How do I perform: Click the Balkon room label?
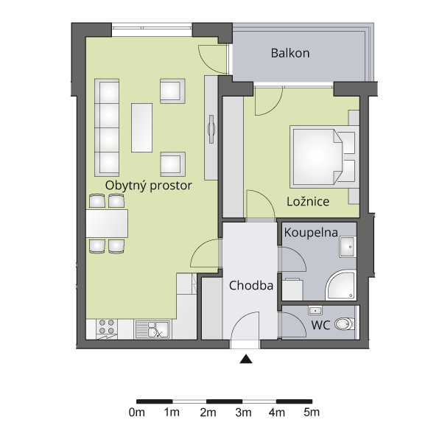(x=290, y=53)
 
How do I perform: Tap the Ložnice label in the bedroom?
(x=308, y=201)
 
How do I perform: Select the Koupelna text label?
(x=311, y=233)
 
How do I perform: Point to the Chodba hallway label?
(x=251, y=286)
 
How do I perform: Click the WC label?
(x=320, y=326)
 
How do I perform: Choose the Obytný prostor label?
(x=149, y=186)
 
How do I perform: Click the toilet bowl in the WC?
(x=344, y=324)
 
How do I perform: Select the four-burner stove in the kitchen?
(x=107, y=329)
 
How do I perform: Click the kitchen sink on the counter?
(x=152, y=329)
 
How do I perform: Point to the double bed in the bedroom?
(x=324, y=157)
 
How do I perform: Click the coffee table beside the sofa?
(x=141, y=127)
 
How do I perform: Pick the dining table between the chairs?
(x=107, y=223)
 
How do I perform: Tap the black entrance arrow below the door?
(x=246, y=359)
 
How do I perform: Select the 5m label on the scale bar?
(x=312, y=413)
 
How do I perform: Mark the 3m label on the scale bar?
(x=243, y=413)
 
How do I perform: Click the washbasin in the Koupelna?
(x=348, y=247)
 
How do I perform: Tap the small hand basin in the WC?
(x=315, y=311)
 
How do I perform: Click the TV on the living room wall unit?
(x=211, y=129)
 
